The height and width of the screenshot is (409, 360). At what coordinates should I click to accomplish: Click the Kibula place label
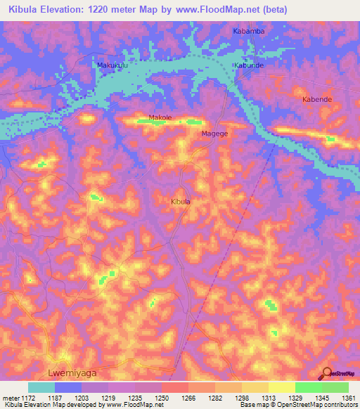point(181,202)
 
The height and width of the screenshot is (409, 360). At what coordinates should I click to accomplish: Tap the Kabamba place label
point(248,32)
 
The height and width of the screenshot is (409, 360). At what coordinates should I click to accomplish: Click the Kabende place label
point(316,100)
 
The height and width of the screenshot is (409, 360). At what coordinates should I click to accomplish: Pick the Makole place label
point(160,117)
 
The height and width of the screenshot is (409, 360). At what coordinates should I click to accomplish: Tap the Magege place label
point(214,133)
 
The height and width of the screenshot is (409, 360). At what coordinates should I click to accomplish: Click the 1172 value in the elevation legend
point(28,397)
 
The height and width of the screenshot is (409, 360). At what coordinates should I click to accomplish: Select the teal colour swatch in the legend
point(41,387)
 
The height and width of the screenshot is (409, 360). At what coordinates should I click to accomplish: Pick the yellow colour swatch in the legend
point(282,387)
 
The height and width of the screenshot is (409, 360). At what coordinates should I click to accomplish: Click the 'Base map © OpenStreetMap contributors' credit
point(298,405)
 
